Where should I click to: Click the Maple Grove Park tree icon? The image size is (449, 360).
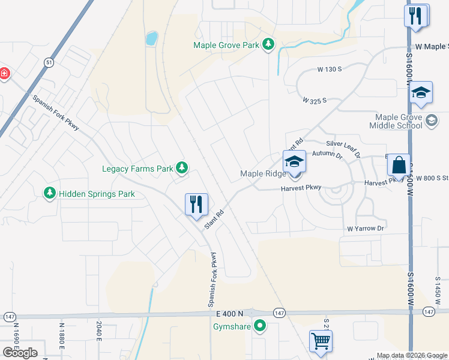(x=268, y=45)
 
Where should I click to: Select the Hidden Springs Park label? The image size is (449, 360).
(x=92, y=194)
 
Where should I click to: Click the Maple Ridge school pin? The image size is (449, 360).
(x=294, y=162)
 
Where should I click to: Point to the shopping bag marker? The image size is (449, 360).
(x=399, y=164)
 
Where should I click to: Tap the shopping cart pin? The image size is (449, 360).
(x=321, y=341)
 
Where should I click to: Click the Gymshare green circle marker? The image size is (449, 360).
(x=260, y=327)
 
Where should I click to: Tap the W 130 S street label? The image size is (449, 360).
(x=330, y=70)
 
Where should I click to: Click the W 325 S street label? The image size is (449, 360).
(x=315, y=100)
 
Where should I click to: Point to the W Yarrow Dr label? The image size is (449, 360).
(x=365, y=229)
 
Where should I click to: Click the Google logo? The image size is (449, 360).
(x=20, y=352)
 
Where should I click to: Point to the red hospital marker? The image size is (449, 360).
(x=4, y=73)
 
